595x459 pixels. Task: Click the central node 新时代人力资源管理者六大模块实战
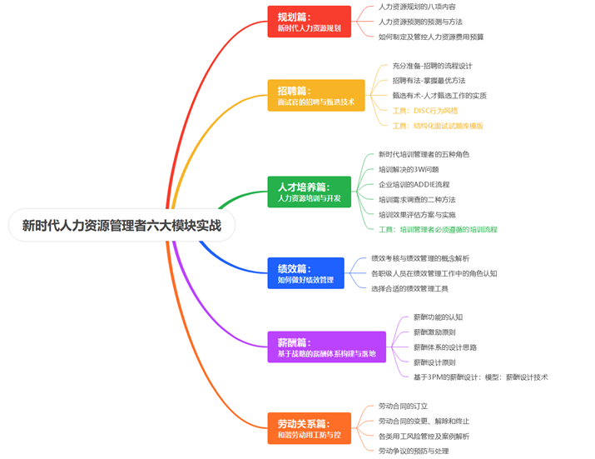pyautogui.click(x=121, y=225)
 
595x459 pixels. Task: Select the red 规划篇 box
pyautogui.click(x=309, y=22)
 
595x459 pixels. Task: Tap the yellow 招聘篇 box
pyautogui.click(x=315, y=96)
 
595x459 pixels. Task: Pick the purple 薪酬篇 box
pyautogui.click(x=326, y=347)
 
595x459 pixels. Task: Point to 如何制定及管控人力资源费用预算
pyautogui.click(x=430, y=37)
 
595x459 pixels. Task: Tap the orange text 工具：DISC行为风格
pyautogui.click(x=424, y=111)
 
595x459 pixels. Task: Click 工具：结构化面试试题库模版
pyautogui.click(x=437, y=126)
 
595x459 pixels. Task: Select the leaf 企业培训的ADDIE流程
pyautogui.click(x=414, y=184)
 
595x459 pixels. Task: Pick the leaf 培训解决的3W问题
pyautogui.click(x=409, y=169)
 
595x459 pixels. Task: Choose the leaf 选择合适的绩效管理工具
pyautogui.click(x=409, y=288)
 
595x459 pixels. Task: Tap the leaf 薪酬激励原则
pyautogui.click(x=434, y=332)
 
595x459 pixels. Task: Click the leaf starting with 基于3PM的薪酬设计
pyautogui.click(x=480, y=377)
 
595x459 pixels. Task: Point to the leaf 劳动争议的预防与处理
pyautogui.click(x=414, y=451)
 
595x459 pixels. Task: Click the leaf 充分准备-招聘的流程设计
pyautogui.click(x=432, y=66)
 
